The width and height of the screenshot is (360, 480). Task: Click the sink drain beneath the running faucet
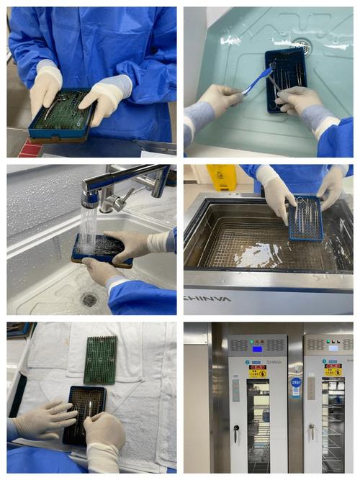click(x=89, y=299)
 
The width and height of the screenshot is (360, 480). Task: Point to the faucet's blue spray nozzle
click(x=90, y=199)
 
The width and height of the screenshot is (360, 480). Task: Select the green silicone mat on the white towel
click(x=99, y=359)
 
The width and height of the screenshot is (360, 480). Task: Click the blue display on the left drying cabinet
click(x=257, y=348)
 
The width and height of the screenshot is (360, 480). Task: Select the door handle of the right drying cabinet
click(x=311, y=432)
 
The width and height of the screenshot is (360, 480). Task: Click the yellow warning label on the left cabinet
click(x=257, y=371)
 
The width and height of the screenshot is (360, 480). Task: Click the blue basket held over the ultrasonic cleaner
click(x=305, y=219)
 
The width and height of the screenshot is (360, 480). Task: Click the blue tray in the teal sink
click(x=286, y=78)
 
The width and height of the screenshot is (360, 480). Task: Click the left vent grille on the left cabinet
click(x=240, y=345)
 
